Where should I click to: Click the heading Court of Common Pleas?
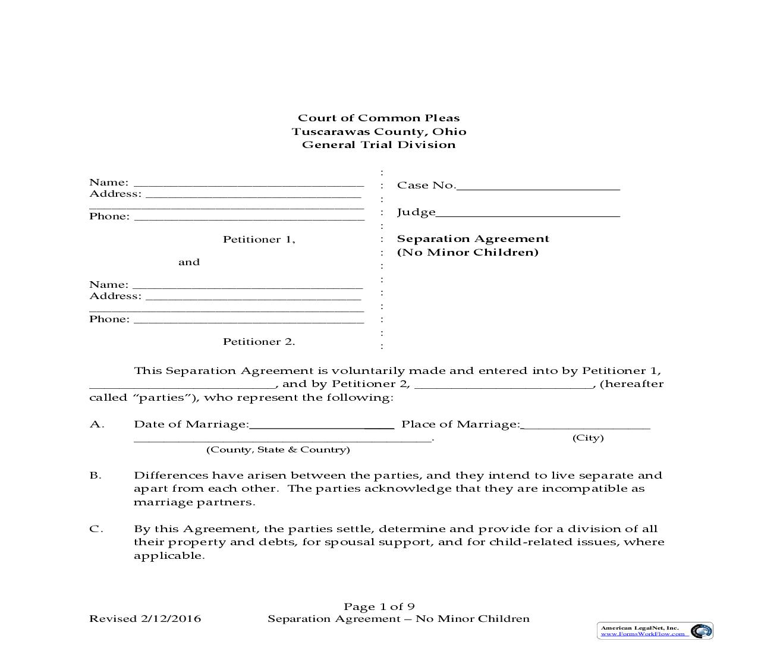[x=379, y=118]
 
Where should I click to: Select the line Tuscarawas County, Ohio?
[x=379, y=131]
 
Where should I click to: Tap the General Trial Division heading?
[x=379, y=144]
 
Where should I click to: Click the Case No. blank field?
[x=538, y=186]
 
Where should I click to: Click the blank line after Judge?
[x=528, y=213]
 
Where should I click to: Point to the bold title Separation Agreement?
[x=473, y=238]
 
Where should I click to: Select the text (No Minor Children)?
[x=467, y=252]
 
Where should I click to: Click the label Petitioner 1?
[x=259, y=239]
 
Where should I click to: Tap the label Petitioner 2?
[x=259, y=341]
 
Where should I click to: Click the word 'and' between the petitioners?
[x=189, y=262]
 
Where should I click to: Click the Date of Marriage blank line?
[x=321, y=425]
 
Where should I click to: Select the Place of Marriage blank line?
[x=586, y=425]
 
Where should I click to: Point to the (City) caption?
[x=588, y=438]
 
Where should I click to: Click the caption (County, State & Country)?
[x=278, y=449]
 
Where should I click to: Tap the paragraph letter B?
[x=95, y=475]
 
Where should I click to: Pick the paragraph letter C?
[x=95, y=529]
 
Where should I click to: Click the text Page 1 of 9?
[x=379, y=606]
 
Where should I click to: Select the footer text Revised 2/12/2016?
[x=145, y=618]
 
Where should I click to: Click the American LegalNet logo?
[x=655, y=631]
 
